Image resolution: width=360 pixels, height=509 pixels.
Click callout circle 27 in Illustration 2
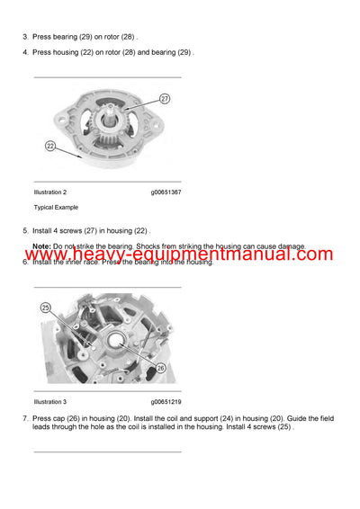[165, 98]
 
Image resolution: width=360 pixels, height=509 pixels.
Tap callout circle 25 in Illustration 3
[46, 308]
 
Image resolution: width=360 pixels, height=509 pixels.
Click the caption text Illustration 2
[50, 192]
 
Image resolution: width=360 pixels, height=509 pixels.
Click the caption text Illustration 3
[50, 401]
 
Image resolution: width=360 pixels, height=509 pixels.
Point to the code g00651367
[166, 192]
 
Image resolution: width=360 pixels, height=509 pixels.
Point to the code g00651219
[166, 401]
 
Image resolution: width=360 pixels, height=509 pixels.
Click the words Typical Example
[56, 207]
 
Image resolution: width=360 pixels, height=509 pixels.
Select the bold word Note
[40, 246]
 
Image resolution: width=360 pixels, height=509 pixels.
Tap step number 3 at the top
[25, 38]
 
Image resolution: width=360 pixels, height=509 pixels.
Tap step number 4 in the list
[25, 52]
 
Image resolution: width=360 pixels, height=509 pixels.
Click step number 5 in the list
[25, 231]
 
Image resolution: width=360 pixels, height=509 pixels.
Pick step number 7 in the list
[25, 419]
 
